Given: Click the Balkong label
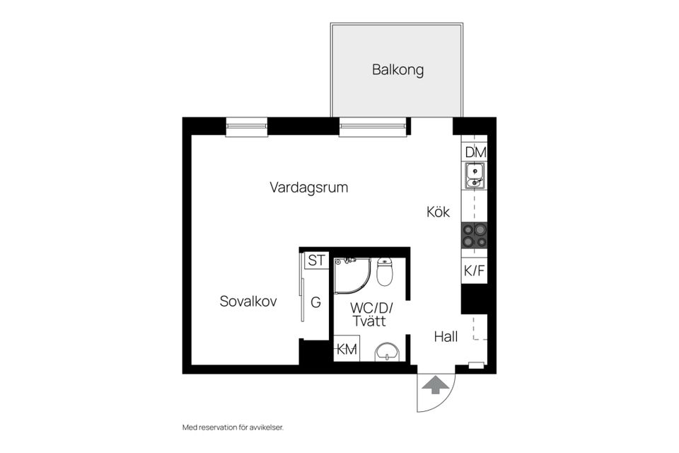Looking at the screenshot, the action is coord(397,70).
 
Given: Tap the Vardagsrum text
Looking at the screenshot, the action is coord(309,188).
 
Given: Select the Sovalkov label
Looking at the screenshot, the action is coord(248,302).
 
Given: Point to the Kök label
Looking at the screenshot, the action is coord(438,212).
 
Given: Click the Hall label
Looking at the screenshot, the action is coord(446,336).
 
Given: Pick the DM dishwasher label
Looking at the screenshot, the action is coord(475,152).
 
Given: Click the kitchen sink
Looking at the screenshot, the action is coord(475,176).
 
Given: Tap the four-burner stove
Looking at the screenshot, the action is coord(475,235).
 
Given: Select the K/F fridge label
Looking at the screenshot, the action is coord(474,271).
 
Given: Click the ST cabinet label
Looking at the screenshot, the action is coord(316,260).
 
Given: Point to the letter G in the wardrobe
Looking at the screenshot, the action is coord(315,302).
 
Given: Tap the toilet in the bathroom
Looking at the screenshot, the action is coord(385,271).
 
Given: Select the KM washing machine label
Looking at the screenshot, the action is coord(347,349).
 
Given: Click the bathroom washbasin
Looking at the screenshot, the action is coord(387,352).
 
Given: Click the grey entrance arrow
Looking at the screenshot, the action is coord(435,385).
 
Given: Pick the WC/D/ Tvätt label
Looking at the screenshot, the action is coord(371,314).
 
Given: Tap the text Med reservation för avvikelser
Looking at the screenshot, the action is coord(233,428).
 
